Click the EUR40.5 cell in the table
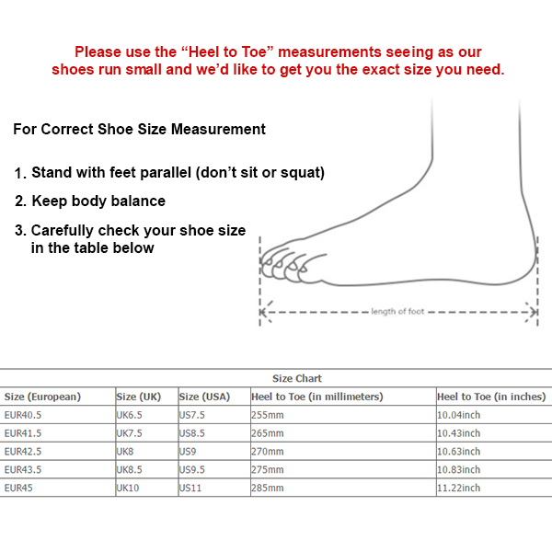coord(23,415)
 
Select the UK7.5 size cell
coord(130,433)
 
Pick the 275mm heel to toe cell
coord(268,469)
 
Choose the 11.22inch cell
coord(458,488)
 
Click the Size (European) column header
coord(42,397)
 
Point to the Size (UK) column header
coord(139,397)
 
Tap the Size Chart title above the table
coord(297,378)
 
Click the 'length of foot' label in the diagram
coord(397,312)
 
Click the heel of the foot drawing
coord(524,267)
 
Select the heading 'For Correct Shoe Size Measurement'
coord(139,129)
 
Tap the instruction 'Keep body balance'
coord(98,201)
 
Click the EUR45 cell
coord(17,488)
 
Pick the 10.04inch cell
coord(458,415)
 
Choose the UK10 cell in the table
coord(127,488)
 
